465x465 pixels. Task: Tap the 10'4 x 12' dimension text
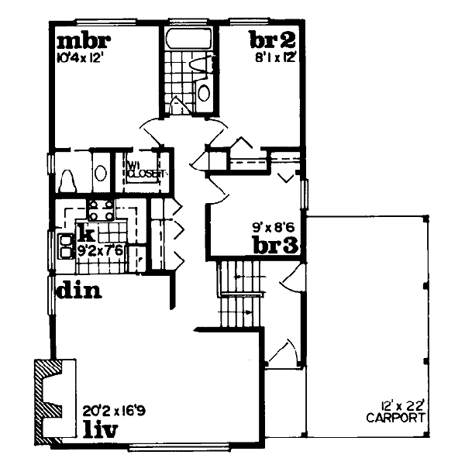pyautogui.click(x=80, y=56)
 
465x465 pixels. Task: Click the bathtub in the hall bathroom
pyautogui.click(x=190, y=40)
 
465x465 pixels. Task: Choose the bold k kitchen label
pyautogui.click(x=86, y=233)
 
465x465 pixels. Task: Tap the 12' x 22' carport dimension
pyautogui.click(x=400, y=405)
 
